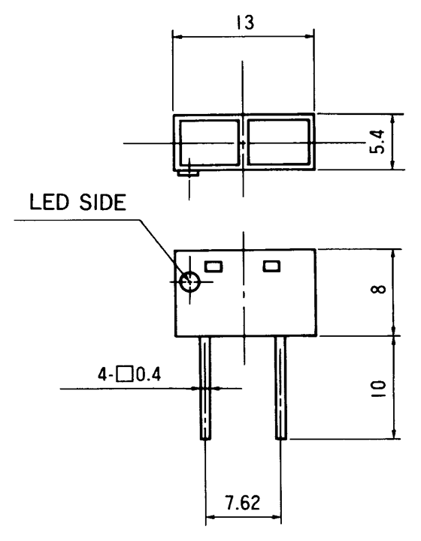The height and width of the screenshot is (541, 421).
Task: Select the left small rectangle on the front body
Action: pyautogui.click(x=214, y=265)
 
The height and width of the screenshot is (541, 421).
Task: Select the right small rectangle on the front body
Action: pyautogui.click(x=271, y=265)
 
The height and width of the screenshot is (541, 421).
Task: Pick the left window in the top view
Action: pyautogui.click(x=208, y=142)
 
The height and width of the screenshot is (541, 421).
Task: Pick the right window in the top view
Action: pyautogui.click(x=279, y=142)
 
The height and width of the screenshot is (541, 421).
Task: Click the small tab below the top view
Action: pyautogui.click(x=188, y=173)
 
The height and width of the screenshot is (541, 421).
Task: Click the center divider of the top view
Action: pyautogui.click(x=243, y=142)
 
